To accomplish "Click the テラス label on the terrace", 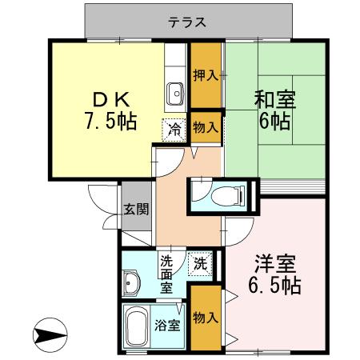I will pos(188,23).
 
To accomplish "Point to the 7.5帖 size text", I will pos(110,122).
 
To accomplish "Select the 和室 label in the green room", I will pos(274,101).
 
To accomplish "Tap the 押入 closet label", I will pos(206,76).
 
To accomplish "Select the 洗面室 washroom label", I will pos(167,272).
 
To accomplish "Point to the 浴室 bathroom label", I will pos(167,326).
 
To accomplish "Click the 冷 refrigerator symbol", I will pos(174,127).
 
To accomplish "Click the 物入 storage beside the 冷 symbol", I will pos(206,127).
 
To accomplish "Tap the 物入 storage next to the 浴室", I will pos(206,318).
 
